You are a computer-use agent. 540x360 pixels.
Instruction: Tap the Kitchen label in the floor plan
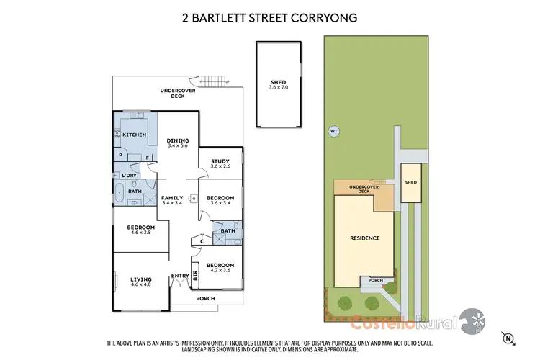(134, 135)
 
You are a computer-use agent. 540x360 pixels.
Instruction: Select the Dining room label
(177, 140)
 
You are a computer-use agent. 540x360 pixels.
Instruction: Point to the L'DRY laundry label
(130, 176)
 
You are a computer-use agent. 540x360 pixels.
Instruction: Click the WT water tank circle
(333, 131)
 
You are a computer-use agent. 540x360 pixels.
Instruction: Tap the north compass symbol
(509, 336)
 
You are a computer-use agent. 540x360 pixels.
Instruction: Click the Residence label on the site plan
(364, 238)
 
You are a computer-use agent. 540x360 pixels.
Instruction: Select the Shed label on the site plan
(410, 183)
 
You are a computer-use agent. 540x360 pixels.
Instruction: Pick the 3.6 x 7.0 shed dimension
(278, 88)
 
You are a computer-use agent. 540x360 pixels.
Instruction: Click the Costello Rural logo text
(408, 323)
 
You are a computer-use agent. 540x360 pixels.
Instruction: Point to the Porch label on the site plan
(375, 280)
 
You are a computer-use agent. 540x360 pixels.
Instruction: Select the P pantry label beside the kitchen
(119, 155)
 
